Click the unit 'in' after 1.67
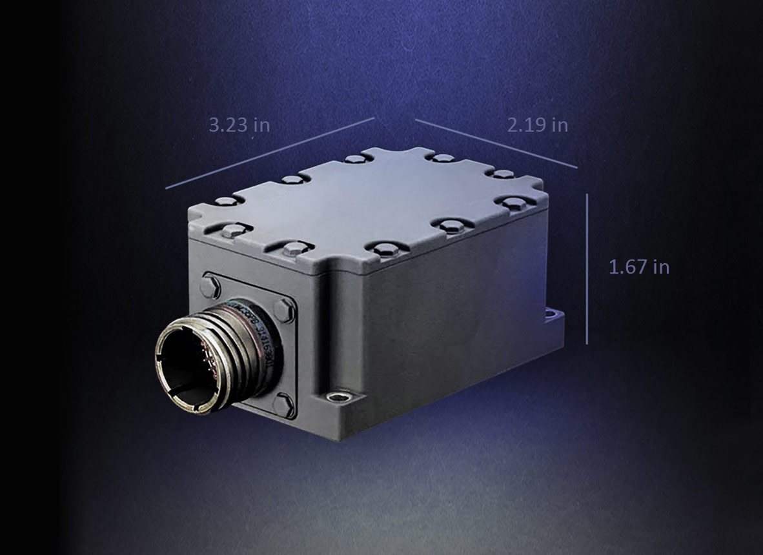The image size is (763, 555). tap(660, 267)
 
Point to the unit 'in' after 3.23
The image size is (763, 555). tap(261, 125)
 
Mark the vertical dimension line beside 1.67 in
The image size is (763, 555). tap(587, 268)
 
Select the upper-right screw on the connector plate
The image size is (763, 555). tap(284, 310)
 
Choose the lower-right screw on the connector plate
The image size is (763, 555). tap(283, 405)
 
